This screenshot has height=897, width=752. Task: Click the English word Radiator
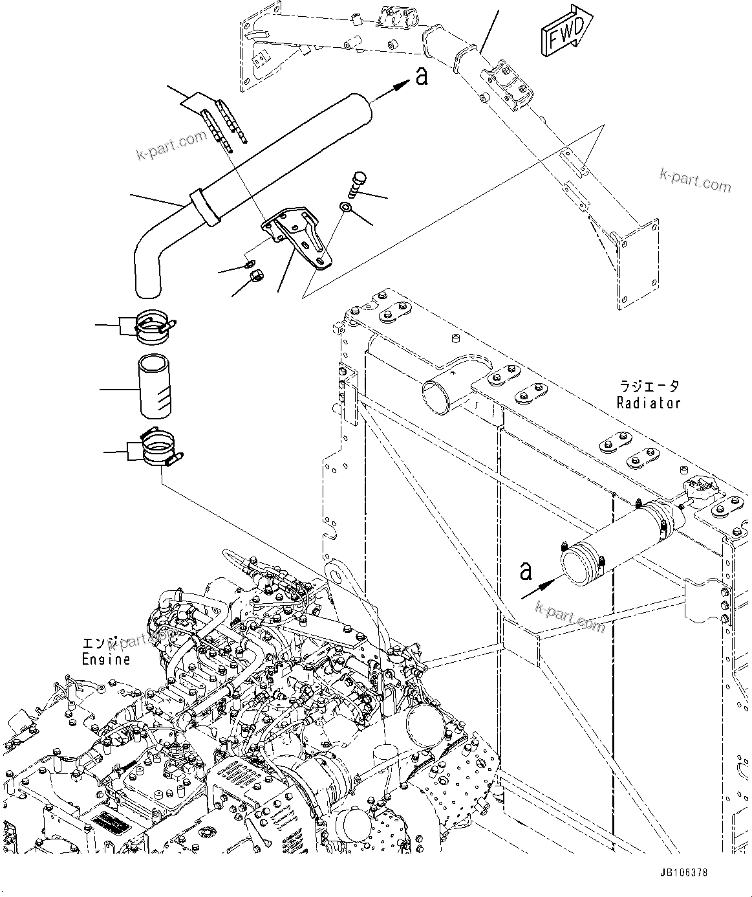pyautogui.click(x=649, y=403)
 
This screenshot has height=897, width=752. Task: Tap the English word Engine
pyautogui.click(x=106, y=659)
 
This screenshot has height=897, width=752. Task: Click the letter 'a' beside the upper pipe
pyautogui.click(x=422, y=77)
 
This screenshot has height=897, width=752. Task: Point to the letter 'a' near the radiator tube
pyautogui.click(x=527, y=571)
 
